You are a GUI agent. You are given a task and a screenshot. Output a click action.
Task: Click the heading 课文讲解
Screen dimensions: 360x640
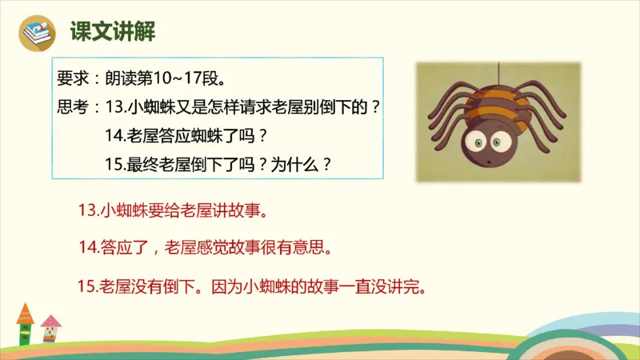(112, 32)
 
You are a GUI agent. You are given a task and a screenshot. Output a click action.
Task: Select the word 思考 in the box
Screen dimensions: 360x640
(73, 107)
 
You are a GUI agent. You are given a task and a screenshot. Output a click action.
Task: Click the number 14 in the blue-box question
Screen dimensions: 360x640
(114, 135)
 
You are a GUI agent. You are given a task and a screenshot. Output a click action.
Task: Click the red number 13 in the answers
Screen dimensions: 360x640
(88, 212)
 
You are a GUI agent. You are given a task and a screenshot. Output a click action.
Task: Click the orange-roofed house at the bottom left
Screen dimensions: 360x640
(26, 324)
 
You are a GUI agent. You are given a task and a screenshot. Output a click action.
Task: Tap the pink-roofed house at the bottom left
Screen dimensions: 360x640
(50, 329)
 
